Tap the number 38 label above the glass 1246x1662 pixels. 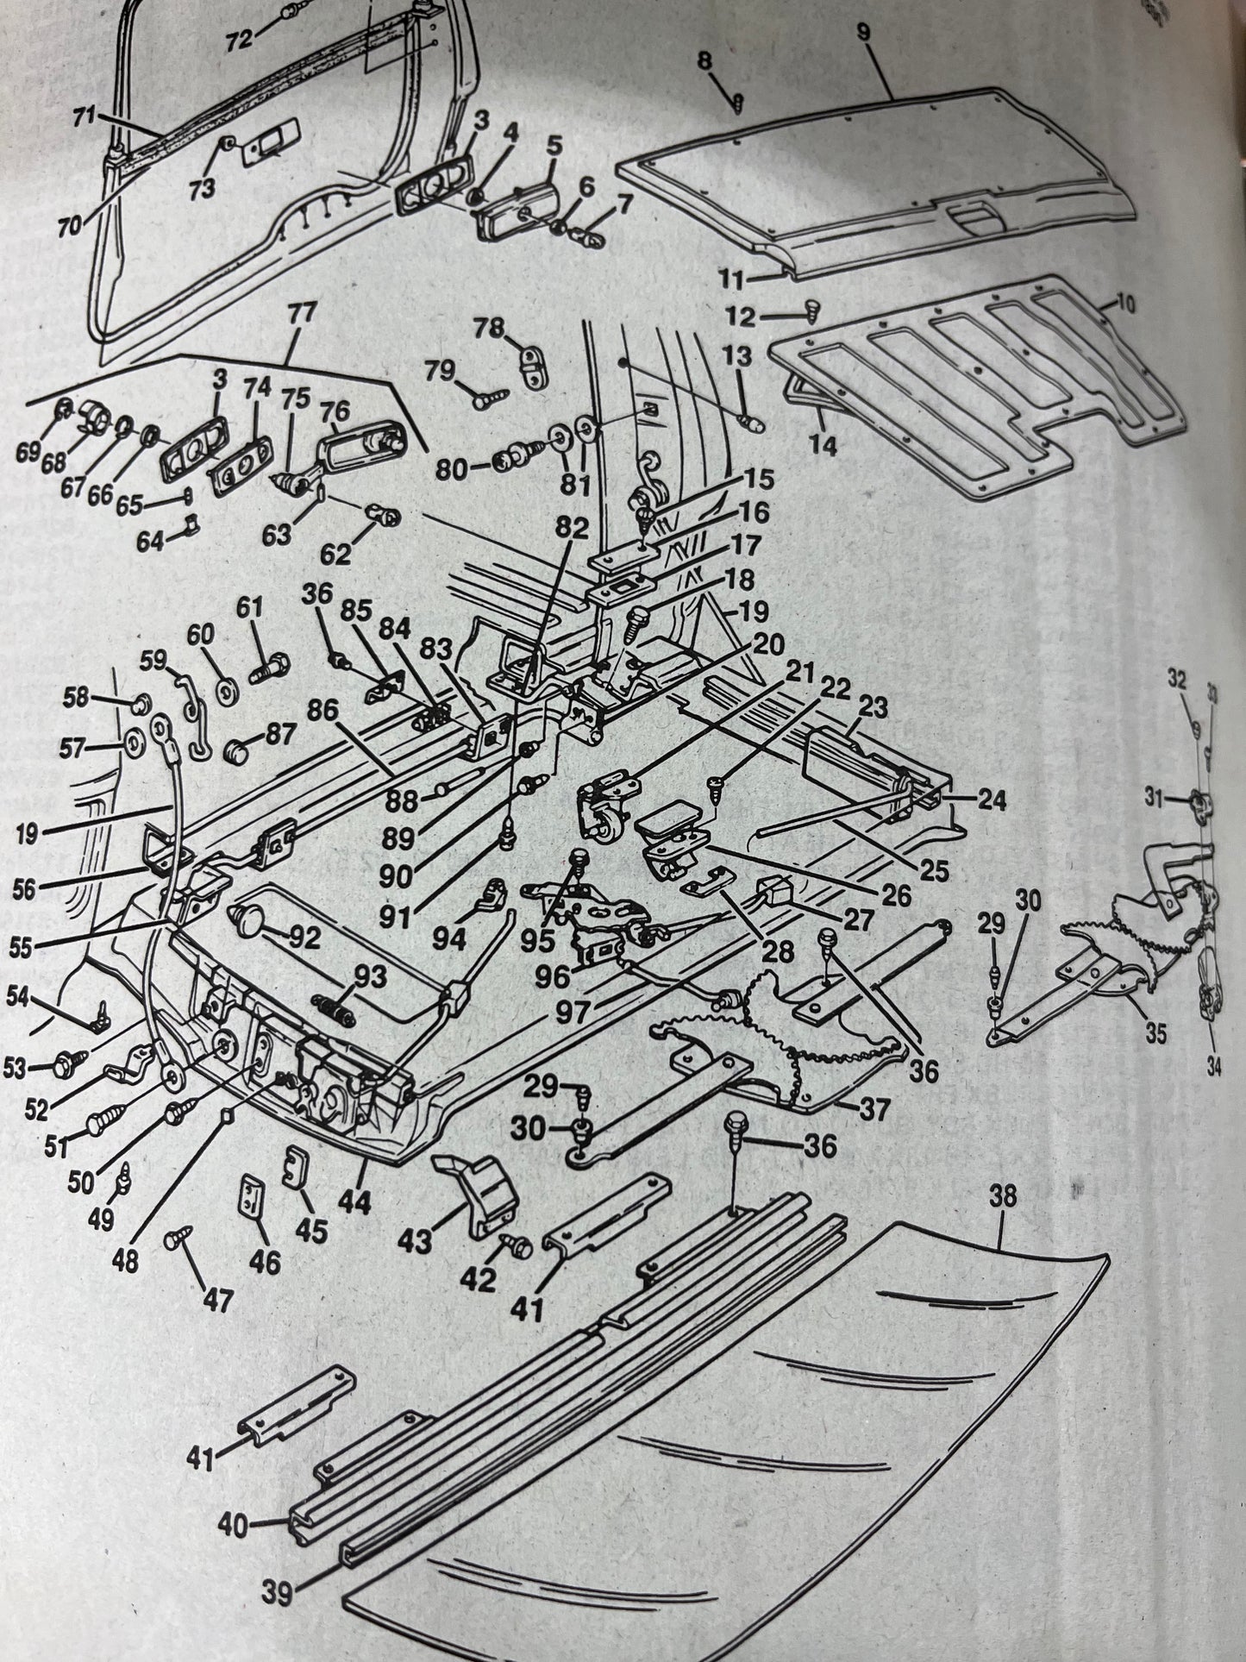(x=1004, y=1198)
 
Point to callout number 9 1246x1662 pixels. (x=864, y=32)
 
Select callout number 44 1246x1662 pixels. (x=354, y=1202)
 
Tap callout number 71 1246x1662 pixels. (x=85, y=118)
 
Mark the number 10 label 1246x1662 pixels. (x=1126, y=304)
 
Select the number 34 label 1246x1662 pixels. (x=1214, y=1068)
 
